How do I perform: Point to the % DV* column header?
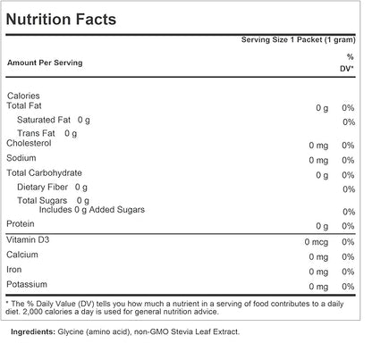[x=348, y=62]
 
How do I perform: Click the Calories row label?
[x=24, y=96]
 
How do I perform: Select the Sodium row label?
[x=22, y=158]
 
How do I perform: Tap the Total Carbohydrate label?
[x=45, y=172]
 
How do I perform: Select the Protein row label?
[x=21, y=223]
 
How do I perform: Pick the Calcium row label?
[x=23, y=255]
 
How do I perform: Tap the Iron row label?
[x=16, y=269]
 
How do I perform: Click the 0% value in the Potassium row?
[x=348, y=285]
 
